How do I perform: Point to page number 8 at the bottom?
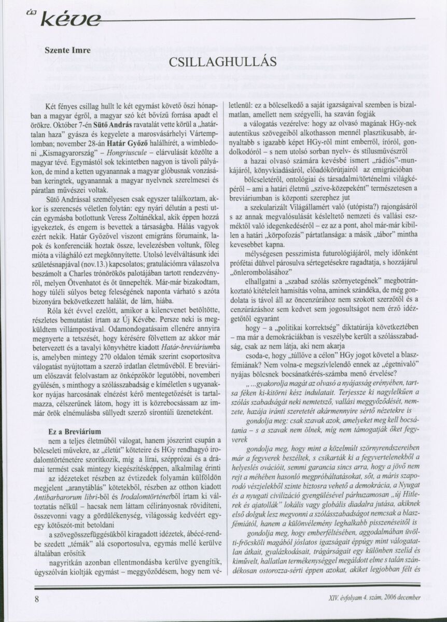point(37,598)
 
